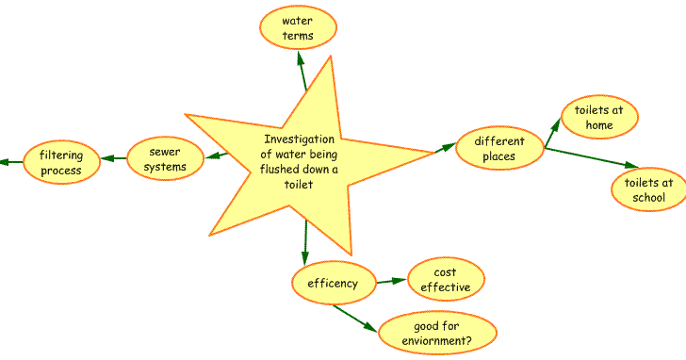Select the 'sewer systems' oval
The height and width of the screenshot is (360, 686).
pos(166,159)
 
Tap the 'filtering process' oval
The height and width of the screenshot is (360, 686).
pos(60,162)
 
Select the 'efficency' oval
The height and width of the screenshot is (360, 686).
pos(333,283)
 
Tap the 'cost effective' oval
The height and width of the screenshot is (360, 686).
pos(446,279)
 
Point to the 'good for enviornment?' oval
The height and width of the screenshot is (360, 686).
pos(436,332)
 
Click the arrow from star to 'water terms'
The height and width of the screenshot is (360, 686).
pos(302,71)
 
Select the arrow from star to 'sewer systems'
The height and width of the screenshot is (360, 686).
pos(215,155)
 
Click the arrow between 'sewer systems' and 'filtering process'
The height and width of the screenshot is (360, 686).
pos(113,158)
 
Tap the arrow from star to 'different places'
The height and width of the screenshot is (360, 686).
pos(441,149)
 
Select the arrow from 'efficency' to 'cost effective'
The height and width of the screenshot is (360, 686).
pos(390,280)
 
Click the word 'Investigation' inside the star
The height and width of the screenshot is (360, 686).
pos(298,139)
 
